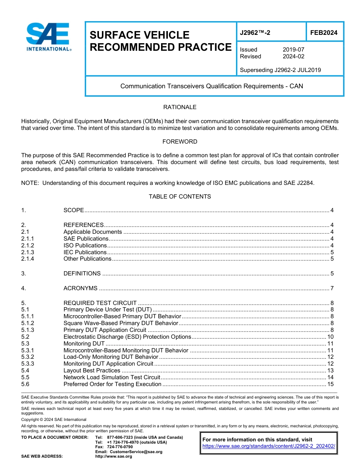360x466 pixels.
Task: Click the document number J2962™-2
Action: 255,33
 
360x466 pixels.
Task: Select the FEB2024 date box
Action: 324,33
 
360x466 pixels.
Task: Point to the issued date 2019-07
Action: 293,50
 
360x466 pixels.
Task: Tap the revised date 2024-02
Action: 293,56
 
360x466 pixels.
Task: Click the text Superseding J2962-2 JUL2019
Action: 280,70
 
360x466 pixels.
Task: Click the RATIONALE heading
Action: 180,107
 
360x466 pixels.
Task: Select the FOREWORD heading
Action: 180,142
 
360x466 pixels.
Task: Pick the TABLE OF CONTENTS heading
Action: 180,197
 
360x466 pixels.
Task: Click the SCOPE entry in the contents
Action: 74,210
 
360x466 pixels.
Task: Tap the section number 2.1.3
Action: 28,252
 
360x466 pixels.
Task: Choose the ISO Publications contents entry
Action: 85,246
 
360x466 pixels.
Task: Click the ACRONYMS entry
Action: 80,288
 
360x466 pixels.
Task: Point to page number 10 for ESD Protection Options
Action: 330,337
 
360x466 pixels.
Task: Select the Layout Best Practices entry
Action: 92,371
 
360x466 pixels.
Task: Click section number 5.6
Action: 25,384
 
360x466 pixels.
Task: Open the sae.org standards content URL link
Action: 269,446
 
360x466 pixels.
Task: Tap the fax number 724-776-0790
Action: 120,447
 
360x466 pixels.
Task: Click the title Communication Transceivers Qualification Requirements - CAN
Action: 211,86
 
